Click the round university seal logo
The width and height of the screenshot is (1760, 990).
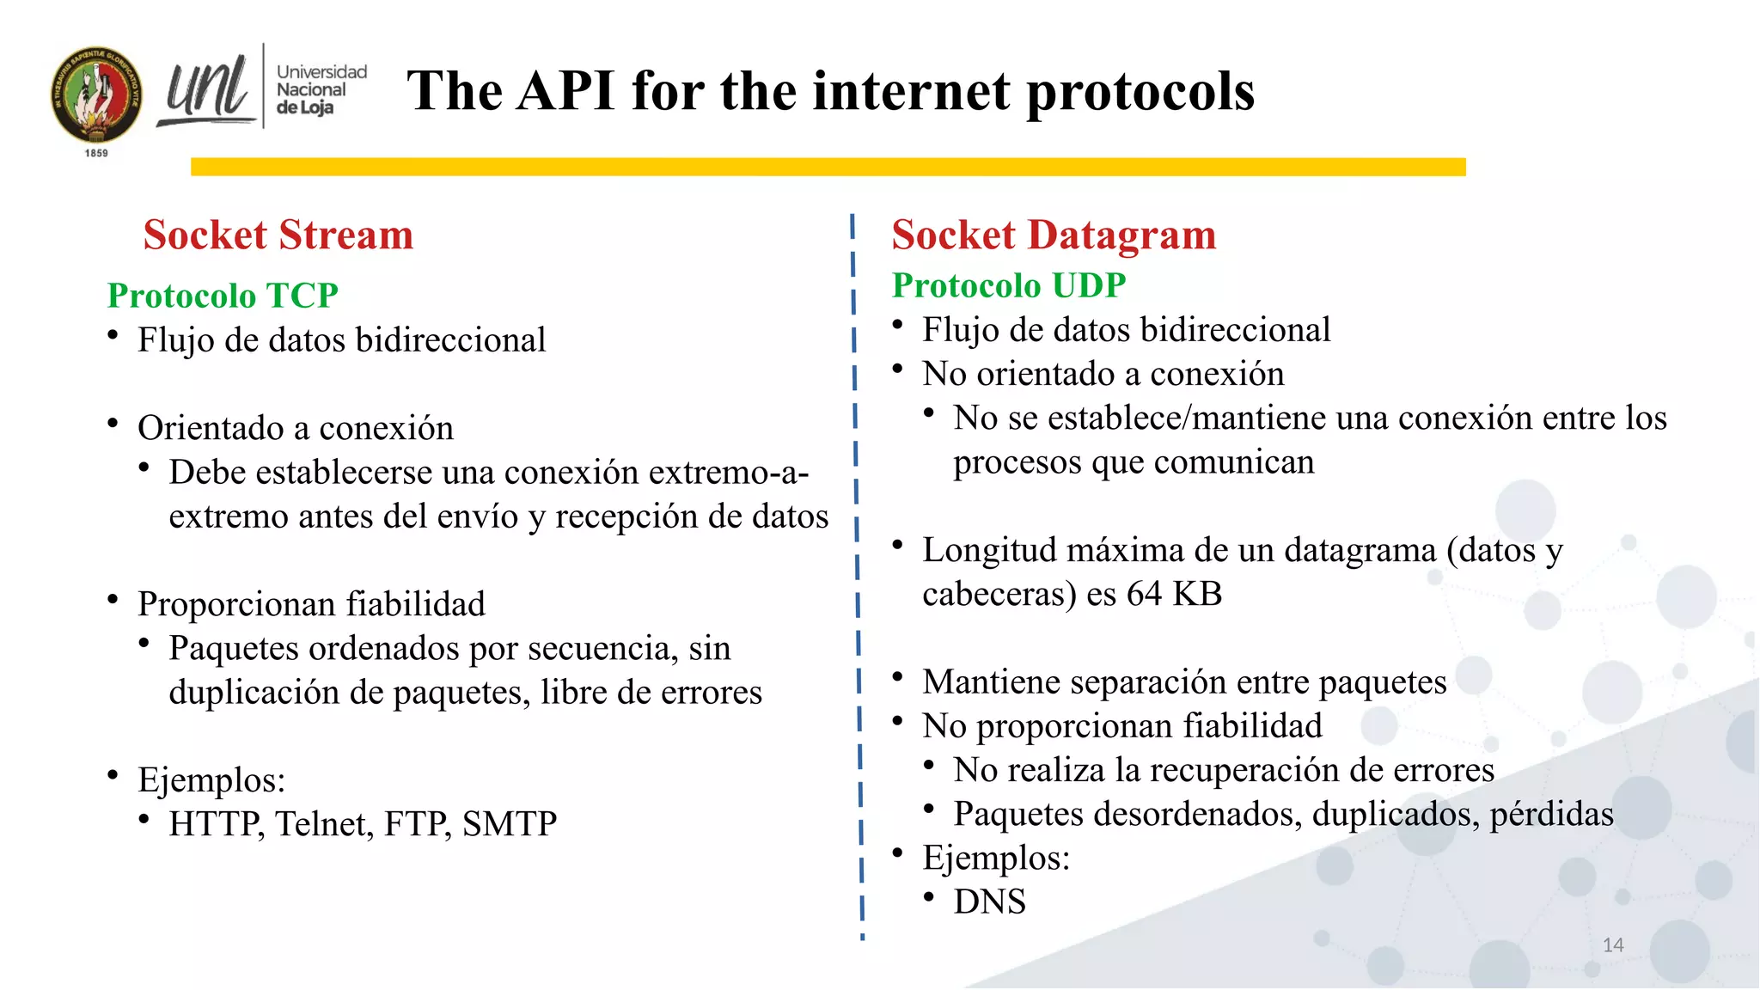(x=96, y=95)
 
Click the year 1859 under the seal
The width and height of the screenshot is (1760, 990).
(x=96, y=153)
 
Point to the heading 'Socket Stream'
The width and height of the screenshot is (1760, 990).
(x=278, y=235)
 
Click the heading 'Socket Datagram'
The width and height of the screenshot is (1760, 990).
(x=1054, y=235)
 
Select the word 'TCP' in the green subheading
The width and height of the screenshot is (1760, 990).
(x=302, y=296)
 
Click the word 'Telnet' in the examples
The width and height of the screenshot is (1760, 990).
(x=324, y=824)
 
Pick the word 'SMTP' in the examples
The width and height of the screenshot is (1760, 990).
(x=509, y=824)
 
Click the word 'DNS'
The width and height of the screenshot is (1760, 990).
(x=989, y=901)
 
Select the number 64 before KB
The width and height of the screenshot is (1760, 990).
(x=1144, y=594)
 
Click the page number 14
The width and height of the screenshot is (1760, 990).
(x=1612, y=945)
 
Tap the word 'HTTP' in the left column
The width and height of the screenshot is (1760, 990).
(x=215, y=824)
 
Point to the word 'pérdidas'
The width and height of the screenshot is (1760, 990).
(x=1551, y=814)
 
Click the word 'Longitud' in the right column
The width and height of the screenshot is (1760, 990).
(x=988, y=550)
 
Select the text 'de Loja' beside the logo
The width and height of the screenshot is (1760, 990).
(x=304, y=107)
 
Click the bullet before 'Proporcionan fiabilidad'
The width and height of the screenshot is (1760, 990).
(x=113, y=600)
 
